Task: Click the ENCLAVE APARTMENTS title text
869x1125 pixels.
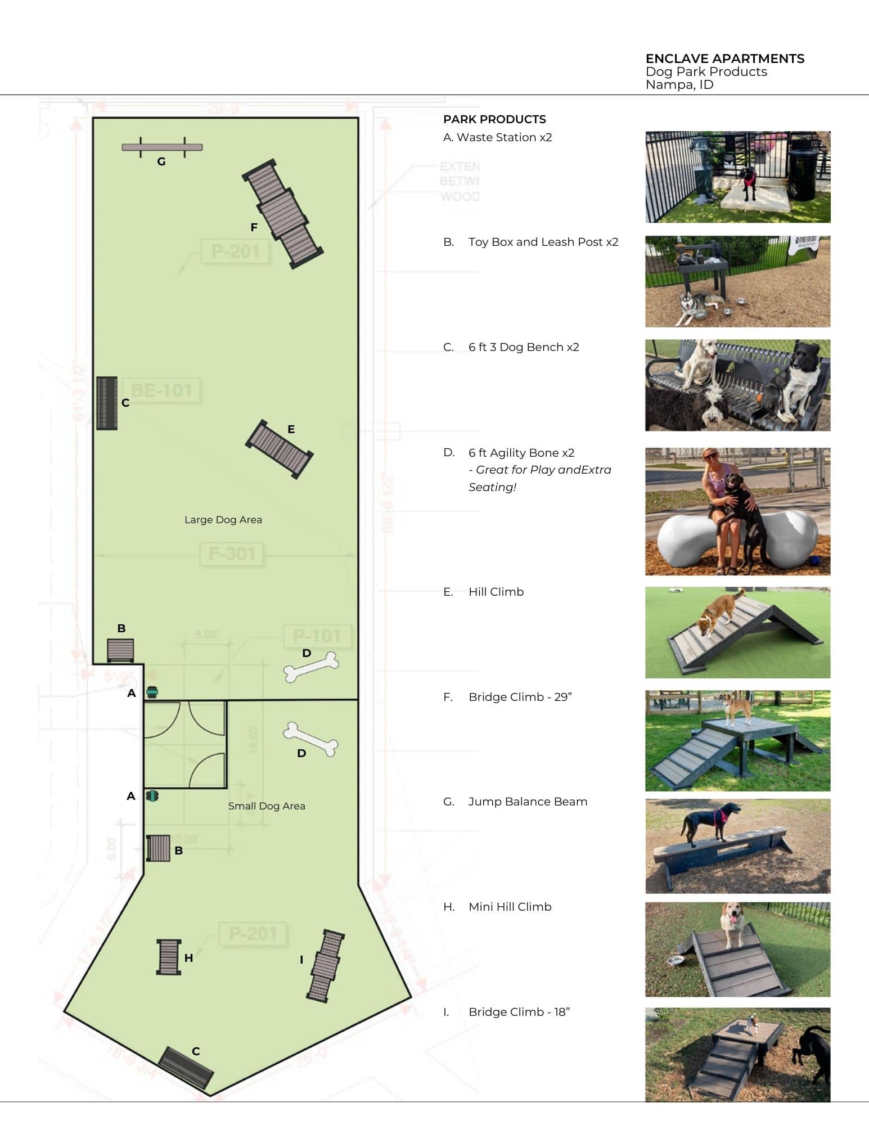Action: pyautogui.click(x=724, y=58)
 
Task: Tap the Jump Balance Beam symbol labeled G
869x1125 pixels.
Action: pyautogui.click(x=162, y=147)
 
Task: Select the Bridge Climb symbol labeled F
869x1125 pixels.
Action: pyautogui.click(x=283, y=214)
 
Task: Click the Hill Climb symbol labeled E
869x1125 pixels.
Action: pyautogui.click(x=279, y=449)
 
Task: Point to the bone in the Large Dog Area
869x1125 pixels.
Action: pyautogui.click(x=311, y=667)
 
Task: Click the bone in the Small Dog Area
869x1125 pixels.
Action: pyautogui.click(x=310, y=739)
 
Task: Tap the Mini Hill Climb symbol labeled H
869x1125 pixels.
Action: pyautogui.click(x=169, y=956)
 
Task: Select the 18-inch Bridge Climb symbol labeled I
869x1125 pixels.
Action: pyautogui.click(x=326, y=965)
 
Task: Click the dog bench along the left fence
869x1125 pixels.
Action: pyautogui.click(x=106, y=403)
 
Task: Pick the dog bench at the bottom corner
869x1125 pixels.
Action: pyautogui.click(x=186, y=1067)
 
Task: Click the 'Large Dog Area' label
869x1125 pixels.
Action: pyautogui.click(x=223, y=520)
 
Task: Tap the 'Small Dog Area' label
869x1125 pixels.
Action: pyautogui.click(x=267, y=806)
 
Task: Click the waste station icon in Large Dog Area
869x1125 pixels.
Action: pyautogui.click(x=152, y=692)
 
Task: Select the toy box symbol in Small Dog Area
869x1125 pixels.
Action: pyautogui.click(x=158, y=848)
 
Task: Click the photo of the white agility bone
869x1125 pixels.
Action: pyautogui.click(x=737, y=511)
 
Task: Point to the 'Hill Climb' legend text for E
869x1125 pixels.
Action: pyautogui.click(x=496, y=592)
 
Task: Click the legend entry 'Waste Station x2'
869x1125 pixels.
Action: pyautogui.click(x=498, y=137)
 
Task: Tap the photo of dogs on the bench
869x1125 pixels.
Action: pyautogui.click(x=737, y=385)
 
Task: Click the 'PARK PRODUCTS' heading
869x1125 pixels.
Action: pyautogui.click(x=494, y=119)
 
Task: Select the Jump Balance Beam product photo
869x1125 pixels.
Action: pyautogui.click(x=737, y=845)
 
